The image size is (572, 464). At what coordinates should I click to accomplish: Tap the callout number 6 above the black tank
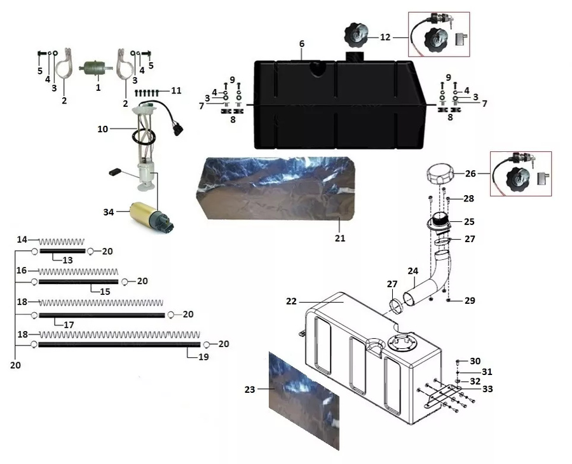click(x=302, y=43)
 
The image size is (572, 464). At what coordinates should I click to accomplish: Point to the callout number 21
click(x=340, y=238)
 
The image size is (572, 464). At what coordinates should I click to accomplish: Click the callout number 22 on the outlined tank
click(x=291, y=301)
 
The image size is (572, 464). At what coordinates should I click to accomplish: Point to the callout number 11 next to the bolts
click(x=176, y=91)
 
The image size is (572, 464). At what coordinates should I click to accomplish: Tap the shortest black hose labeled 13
click(x=62, y=251)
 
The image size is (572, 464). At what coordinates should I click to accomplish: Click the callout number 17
click(x=68, y=325)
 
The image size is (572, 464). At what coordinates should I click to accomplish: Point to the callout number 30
click(x=475, y=360)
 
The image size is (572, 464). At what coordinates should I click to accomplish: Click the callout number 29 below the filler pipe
click(x=469, y=300)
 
